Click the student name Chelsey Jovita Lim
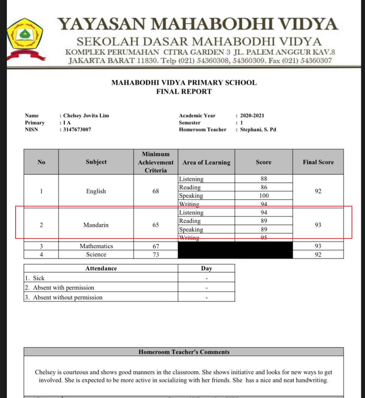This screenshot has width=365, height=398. [86, 116]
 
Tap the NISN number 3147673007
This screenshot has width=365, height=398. [77, 130]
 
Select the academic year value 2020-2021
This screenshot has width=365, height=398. [252, 116]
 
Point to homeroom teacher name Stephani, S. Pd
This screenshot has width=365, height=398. [258, 130]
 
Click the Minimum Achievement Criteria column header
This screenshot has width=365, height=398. [156, 162]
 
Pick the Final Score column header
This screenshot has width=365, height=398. [318, 162]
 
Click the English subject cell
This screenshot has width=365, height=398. [96, 191]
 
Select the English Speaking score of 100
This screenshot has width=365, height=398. [264, 196]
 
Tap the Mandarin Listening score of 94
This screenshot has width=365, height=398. [264, 213]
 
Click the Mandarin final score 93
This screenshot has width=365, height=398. [318, 225]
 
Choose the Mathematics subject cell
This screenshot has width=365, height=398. [96, 246]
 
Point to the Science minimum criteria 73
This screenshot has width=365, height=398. [156, 255]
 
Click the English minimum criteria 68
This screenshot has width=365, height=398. [156, 191]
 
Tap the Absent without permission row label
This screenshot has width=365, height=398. [68, 298]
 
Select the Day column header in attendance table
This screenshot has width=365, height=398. [206, 269]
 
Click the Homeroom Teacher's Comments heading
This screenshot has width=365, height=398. [184, 352]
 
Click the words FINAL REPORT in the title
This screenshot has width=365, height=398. [184, 92]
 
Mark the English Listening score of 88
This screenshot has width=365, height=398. [264, 179]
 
